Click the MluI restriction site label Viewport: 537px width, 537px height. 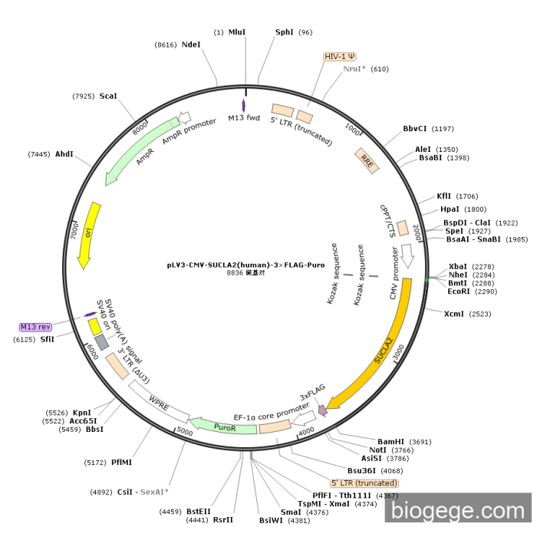click(x=237, y=32)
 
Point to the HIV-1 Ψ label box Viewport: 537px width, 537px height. click(x=340, y=56)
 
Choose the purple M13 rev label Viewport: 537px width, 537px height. click(x=36, y=327)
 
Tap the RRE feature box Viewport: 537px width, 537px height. click(x=367, y=160)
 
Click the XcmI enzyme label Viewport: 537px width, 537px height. click(x=456, y=314)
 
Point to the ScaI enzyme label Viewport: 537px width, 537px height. click(x=108, y=96)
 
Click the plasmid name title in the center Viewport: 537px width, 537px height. click(x=245, y=265)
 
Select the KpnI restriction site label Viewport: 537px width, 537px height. click(x=82, y=413)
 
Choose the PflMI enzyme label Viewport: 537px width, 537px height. click(x=121, y=463)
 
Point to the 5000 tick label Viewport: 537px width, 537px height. click(x=184, y=432)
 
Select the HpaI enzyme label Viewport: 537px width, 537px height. click(x=450, y=209)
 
